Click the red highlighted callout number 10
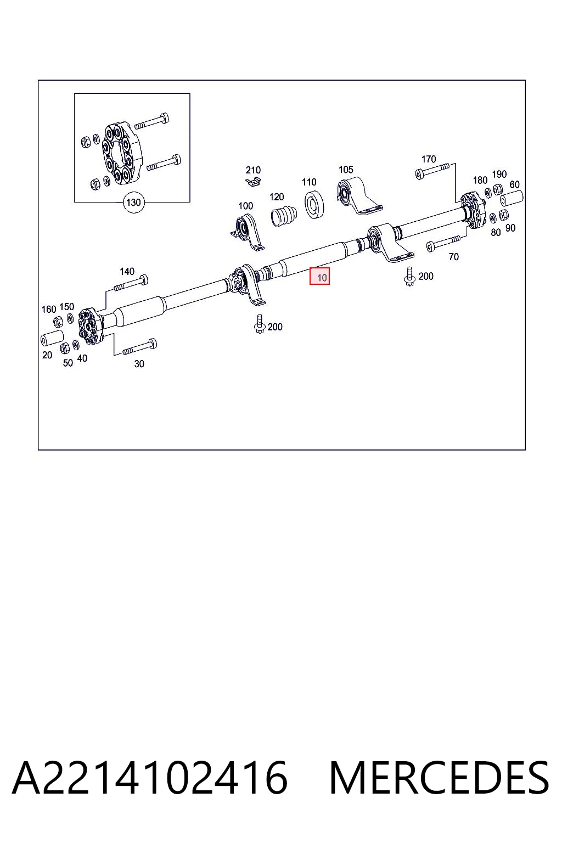pyautogui.click(x=319, y=276)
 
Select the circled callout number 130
pyautogui.click(x=133, y=203)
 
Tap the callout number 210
pyautogui.click(x=254, y=170)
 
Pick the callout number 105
pyautogui.click(x=346, y=170)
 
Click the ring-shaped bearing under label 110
pyautogui.click(x=314, y=204)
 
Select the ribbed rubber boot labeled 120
pyautogui.click(x=284, y=216)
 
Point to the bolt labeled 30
pyautogui.click(x=139, y=347)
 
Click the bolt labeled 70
pyautogui.click(x=443, y=243)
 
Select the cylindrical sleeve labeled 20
pyautogui.click(x=52, y=338)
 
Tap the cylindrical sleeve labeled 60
pyautogui.click(x=511, y=198)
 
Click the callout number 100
pyautogui.click(x=246, y=206)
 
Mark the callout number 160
pyautogui.click(x=48, y=310)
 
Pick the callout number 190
pyautogui.click(x=499, y=174)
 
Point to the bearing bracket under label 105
pyautogui.click(x=359, y=195)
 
